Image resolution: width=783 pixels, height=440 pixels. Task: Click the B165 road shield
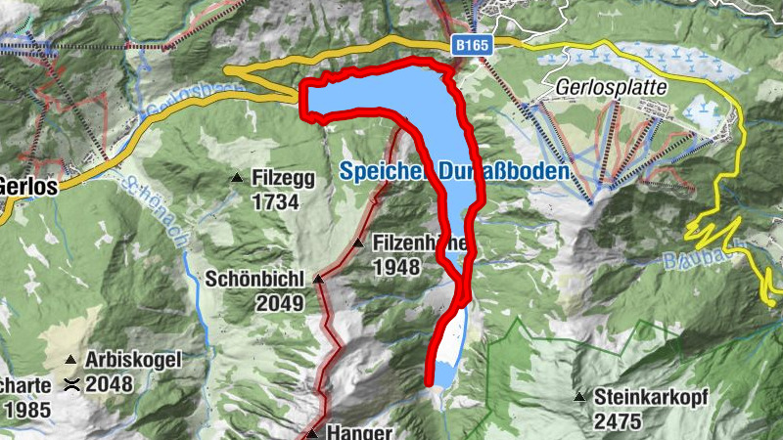(x=472, y=45)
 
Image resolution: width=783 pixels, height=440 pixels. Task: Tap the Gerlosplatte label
(x=611, y=87)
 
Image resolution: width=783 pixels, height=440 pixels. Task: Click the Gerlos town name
(x=26, y=185)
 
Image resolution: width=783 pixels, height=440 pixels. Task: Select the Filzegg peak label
(x=282, y=179)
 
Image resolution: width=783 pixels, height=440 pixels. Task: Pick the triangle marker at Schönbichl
(x=318, y=280)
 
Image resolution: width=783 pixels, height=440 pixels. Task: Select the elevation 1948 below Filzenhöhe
(x=395, y=267)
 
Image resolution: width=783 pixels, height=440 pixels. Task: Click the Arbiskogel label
(x=133, y=360)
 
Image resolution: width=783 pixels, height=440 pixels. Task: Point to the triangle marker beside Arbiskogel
(x=71, y=360)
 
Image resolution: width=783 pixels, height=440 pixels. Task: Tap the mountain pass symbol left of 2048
(x=70, y=384)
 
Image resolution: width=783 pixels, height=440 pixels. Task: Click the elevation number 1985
(x=27, y=410)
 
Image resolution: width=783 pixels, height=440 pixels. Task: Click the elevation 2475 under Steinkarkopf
(x=617, y=421)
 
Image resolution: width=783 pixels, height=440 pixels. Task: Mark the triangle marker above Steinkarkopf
(x=579, y=397)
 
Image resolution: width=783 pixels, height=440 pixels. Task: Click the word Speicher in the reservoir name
(x=377, y=170)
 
